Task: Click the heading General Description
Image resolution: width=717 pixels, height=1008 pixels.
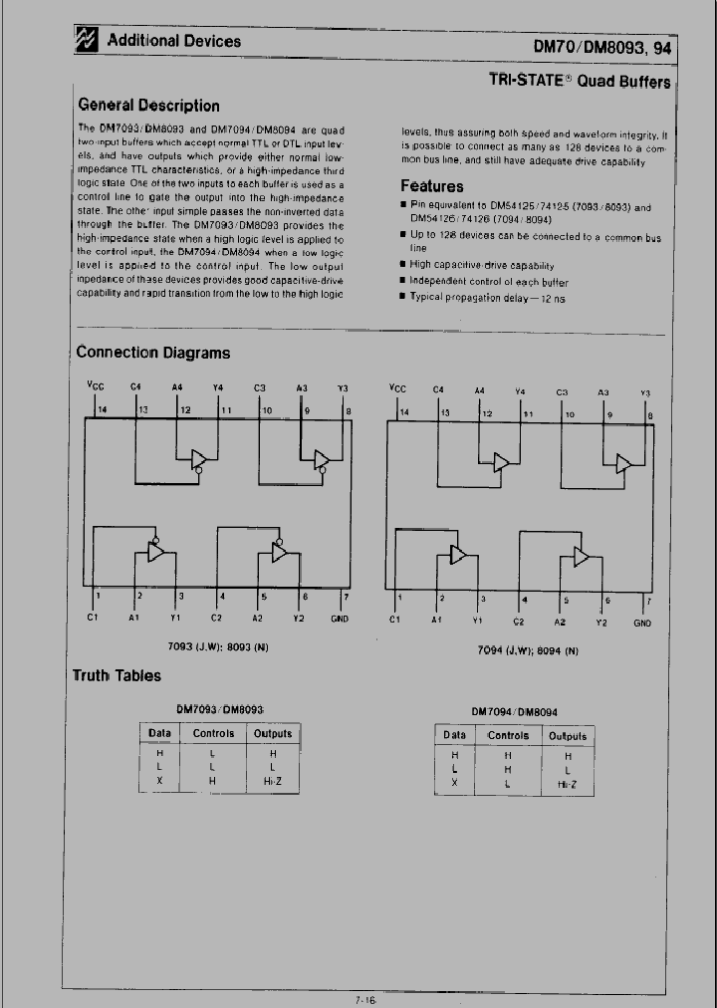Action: [x=148, y=105]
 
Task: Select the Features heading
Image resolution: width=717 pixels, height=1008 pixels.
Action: [x=431, y=185]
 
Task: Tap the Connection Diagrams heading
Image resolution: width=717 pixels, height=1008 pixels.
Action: [x=152, y=352]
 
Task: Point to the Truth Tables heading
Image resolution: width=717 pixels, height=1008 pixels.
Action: [x=117, y=675]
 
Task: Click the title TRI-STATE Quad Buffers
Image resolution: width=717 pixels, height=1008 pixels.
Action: [x=579, y=81]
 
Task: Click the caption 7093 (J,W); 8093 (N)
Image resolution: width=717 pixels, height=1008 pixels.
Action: [x=220, y=646]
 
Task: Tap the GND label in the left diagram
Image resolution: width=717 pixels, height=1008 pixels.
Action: [x=340, y=618]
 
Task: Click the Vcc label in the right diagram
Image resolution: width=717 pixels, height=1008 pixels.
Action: [x=397, y=388]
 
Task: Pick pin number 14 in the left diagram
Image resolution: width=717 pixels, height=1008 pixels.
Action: [x=100, y=409]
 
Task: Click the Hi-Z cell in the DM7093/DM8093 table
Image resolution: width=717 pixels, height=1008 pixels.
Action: [x=272, y=782]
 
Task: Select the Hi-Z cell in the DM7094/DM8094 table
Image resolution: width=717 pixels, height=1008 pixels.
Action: [x=569, y=784]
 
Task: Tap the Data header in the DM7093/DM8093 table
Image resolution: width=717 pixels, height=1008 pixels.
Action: [x=159, y=733]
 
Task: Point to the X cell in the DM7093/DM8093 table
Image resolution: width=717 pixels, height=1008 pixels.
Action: [x=159, y=782]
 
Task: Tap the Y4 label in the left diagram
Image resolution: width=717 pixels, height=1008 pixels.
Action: [x=218, y=386]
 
